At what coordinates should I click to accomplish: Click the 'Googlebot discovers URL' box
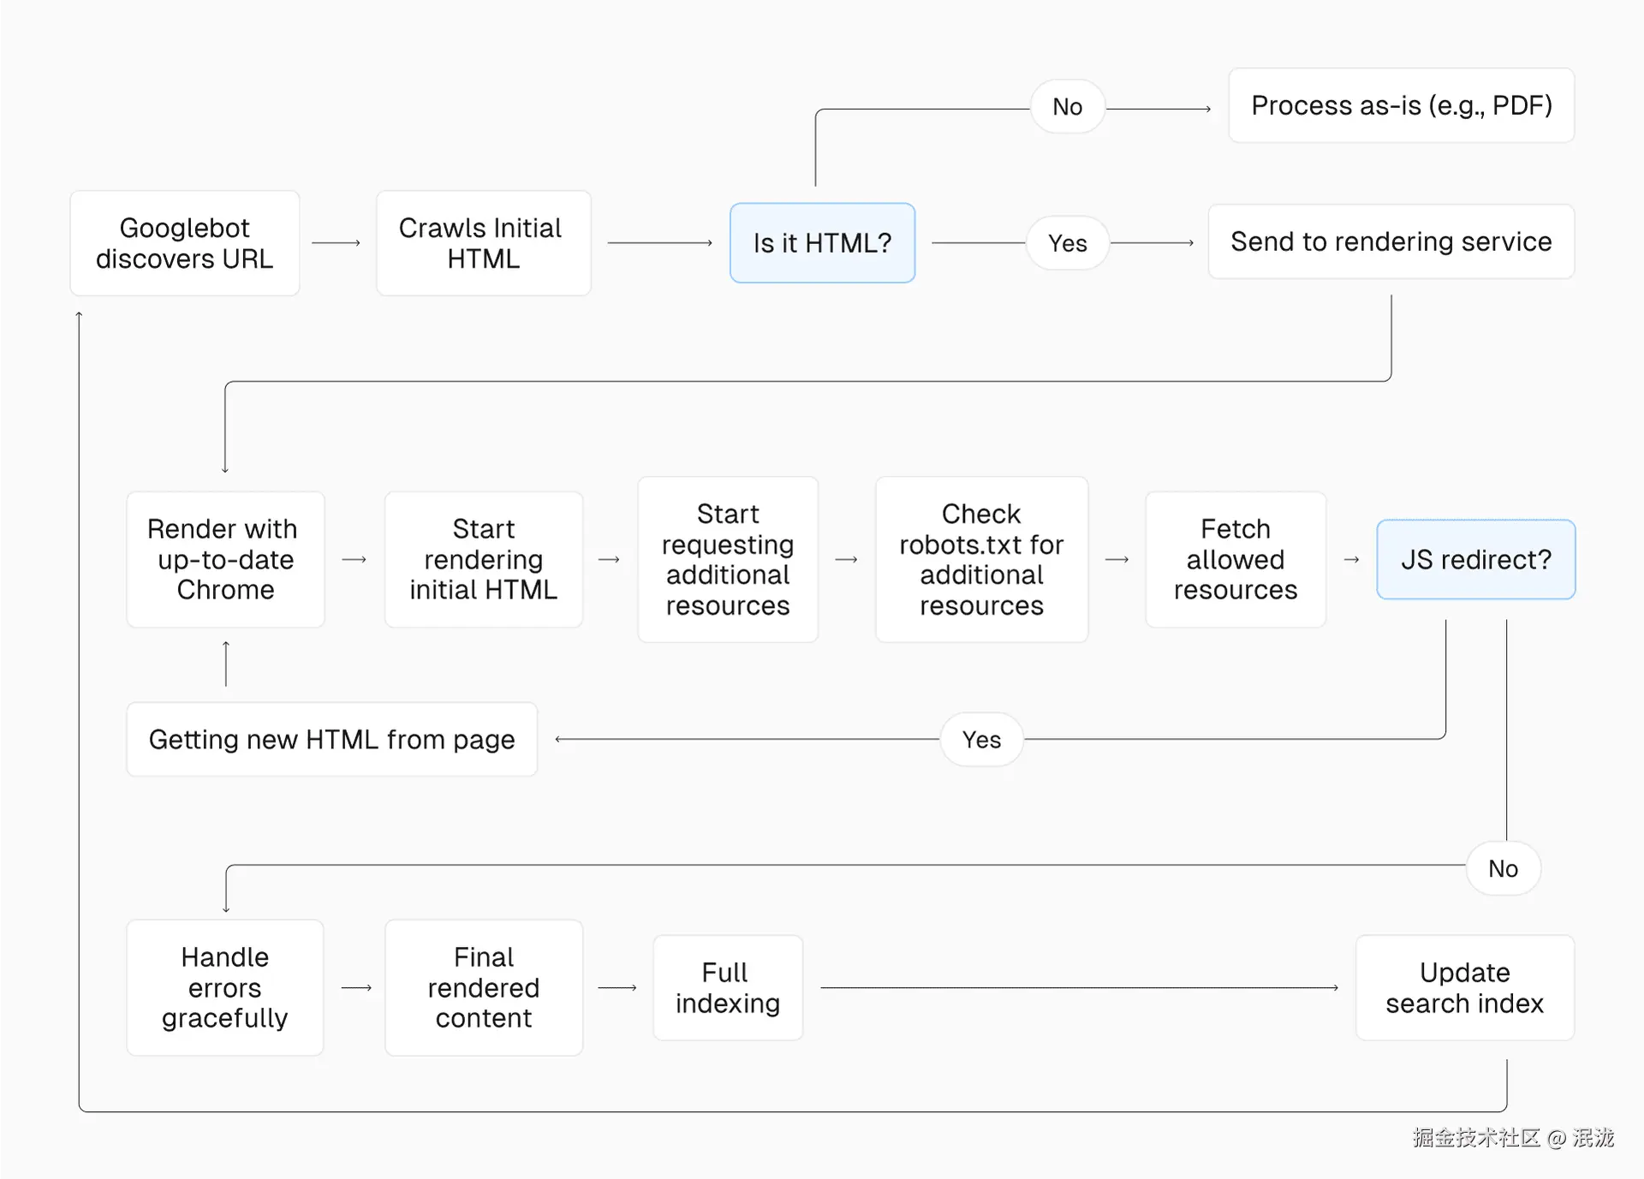[184, 243]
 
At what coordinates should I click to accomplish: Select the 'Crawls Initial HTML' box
[483, 243]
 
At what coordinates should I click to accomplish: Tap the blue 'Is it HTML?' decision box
[822, 243]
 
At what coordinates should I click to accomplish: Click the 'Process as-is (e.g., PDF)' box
[1401, 105]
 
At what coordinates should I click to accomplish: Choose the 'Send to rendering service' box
[1391, 241]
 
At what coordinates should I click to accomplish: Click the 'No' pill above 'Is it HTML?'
[1067, 107]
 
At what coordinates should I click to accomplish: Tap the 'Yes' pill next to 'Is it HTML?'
[1067, 243]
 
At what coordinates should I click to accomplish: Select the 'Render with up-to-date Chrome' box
[225, 559]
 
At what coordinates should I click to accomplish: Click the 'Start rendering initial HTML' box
[483, 559]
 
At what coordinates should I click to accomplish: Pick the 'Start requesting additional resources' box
[728, 559]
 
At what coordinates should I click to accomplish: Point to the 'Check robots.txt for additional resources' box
[981, 559]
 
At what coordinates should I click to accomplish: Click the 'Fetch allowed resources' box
[1235, 559]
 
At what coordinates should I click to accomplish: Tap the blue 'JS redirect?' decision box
[1475, 559]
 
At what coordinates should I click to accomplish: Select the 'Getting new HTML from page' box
[331, 739]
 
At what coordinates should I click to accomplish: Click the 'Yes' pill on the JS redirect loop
[981, 739]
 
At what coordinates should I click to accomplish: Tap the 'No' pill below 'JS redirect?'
[1503, 868]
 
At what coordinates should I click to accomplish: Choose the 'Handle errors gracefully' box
[224, 987]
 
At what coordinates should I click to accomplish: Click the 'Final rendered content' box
[483, 987]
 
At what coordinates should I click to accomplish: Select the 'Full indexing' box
[727, 987]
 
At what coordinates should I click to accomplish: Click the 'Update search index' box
[1464, 987]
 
